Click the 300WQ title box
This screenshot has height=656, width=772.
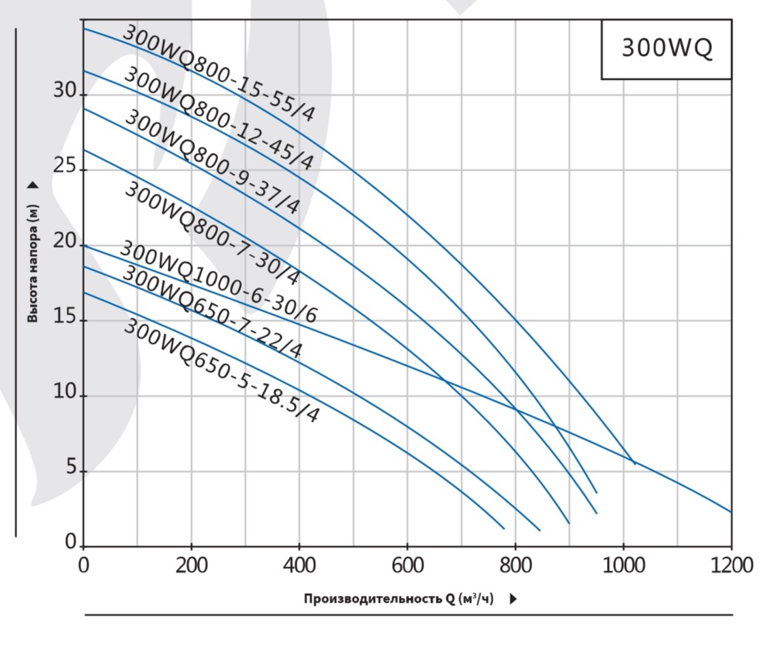(x=666, y=49)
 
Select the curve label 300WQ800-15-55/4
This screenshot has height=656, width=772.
(x=220, y=73)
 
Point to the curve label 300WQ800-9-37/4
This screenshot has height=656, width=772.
(x=212, y=162)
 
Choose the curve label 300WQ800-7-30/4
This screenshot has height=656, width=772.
(x=212, y=233)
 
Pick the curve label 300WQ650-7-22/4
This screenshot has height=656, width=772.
(x=212, y=312)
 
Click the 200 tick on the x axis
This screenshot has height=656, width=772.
(x=191, y=566)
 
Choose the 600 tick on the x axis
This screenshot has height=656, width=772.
(x=407, y=566)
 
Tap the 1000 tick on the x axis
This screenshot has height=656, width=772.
(x=623, y=566)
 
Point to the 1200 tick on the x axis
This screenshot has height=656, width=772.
(x=730, y=566)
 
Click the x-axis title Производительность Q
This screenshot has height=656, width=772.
(x=399, y=599)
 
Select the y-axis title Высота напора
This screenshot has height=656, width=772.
(x=33, y=263)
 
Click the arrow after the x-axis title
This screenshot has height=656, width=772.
(x=513, y=599)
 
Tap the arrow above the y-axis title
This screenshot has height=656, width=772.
(x=33, y=185)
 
